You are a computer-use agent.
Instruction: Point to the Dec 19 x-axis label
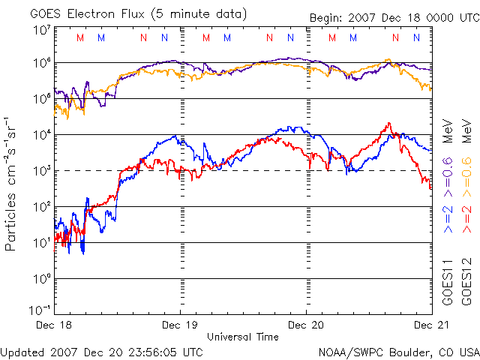click(181, 325)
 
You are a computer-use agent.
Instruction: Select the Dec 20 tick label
click(306, 325)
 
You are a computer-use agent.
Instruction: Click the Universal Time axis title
click(243, 337)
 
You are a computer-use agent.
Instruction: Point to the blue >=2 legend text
click(448, 217)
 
